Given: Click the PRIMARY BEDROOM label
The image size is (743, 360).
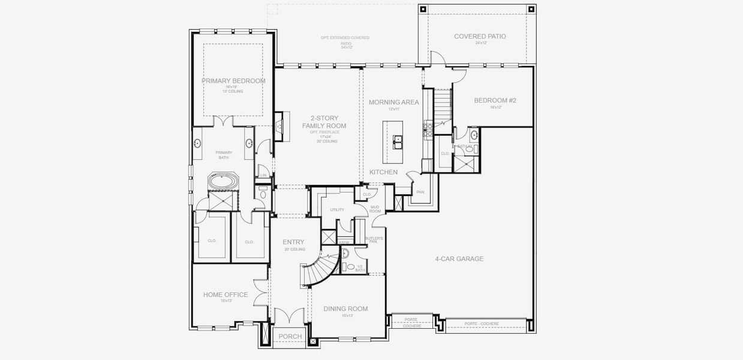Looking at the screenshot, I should pyautogui.click(x=233, y=81).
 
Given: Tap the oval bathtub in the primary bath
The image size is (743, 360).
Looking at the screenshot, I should pyautogui.click(x=223, y=181).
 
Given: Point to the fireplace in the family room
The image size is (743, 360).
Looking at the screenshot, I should pyautogui.click(x=279, y=125).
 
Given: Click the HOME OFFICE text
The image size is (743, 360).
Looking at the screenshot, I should pyautogui.click(x=225, y=295).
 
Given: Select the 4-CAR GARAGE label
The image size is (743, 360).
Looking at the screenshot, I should pyautogui.click(x=459, y=259).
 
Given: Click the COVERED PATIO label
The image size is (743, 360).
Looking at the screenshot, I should pyautogui.click(x=480, y=37).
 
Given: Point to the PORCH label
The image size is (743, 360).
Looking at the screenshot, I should pyautogui.click(x=290, y=337).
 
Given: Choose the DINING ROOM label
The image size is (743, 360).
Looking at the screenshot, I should pyautogui.click(x=345, y=309).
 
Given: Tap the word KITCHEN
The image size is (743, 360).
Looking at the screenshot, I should pyautogui.click(x=383, y=172).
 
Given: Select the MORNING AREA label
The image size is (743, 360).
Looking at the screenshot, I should pyautogui.click(x=393, y=102).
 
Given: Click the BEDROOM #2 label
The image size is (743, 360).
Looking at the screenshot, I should pyautogui.click(x=495, y=101).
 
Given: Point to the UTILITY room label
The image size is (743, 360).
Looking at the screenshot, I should pyautogui.click(x=337, y=210).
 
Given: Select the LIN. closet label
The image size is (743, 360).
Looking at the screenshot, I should pyautogui.click(x=263, y=176).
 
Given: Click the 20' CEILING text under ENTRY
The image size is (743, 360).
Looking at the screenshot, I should pyautogui.click(x=294, y=249).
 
